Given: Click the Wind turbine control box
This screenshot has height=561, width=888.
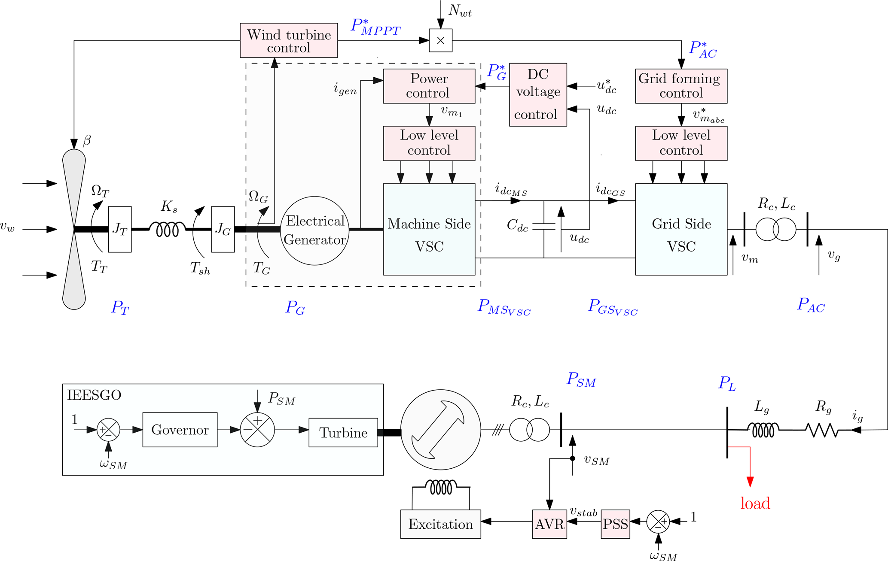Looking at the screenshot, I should [289, 40].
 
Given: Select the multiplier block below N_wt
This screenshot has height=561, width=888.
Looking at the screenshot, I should [440, 40].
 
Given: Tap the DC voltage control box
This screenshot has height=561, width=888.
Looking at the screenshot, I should [538, 94].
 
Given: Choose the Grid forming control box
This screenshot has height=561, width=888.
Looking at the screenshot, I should [681, 86].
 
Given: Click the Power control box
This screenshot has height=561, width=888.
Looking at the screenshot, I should [429, 86].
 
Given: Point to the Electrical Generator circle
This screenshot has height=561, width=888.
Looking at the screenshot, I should [314, 230].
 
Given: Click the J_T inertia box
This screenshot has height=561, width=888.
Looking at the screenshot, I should [120, 229].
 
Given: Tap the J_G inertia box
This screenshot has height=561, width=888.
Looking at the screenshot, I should [223, 229].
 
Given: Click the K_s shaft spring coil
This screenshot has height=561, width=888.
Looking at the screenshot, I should [168, 229].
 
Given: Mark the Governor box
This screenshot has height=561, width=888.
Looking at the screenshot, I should [180, 430].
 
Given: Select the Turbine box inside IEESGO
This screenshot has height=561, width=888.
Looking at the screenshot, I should [343, 432].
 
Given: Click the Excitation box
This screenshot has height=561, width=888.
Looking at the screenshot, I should [440, 524].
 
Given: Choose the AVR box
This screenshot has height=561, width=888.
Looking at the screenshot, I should [549, 524].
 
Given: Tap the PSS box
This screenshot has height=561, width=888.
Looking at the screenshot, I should [615, 524].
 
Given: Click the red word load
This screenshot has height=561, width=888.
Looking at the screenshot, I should [755, 503].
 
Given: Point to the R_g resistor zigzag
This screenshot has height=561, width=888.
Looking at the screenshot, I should [822, 430].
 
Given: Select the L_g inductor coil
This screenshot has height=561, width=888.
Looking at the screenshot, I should [763, 430].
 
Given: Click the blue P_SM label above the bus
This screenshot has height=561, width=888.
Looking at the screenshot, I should [581, 380].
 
